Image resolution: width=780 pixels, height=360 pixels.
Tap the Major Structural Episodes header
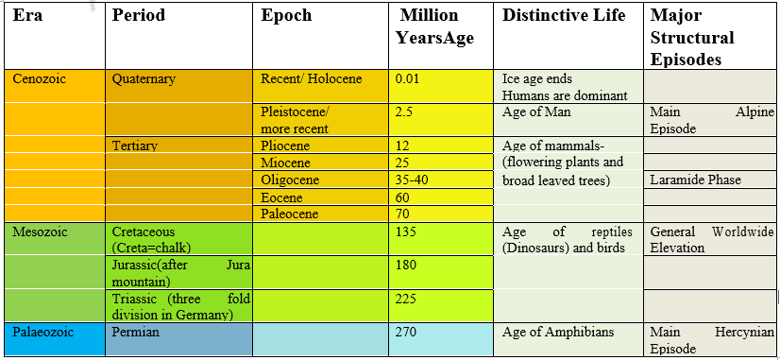(x=692, y=38)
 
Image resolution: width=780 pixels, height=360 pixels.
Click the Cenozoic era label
(x=39, y=78)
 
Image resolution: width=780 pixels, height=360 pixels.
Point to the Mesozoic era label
(x=39, y=231)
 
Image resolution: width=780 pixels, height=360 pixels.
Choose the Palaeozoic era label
(x=43, y=333)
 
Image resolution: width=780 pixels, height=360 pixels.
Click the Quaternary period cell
(x=144, y=79)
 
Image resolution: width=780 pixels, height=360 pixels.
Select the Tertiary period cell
(x=134, y=146)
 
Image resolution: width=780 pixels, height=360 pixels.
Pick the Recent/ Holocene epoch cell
(x=311, y=79)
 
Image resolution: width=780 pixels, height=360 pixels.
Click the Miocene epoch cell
(x=284, y=163)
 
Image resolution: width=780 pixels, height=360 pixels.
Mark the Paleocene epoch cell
(x=289, y=214)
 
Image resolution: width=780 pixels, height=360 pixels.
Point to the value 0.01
(x=408, y=79)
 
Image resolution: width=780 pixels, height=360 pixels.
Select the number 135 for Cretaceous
(x=406, y=231)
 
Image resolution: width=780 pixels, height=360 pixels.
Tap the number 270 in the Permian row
(x=406, y=333)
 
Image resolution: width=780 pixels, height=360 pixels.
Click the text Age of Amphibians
(x=558, y=333)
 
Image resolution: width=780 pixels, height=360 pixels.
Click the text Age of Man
(x=536, y=112)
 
